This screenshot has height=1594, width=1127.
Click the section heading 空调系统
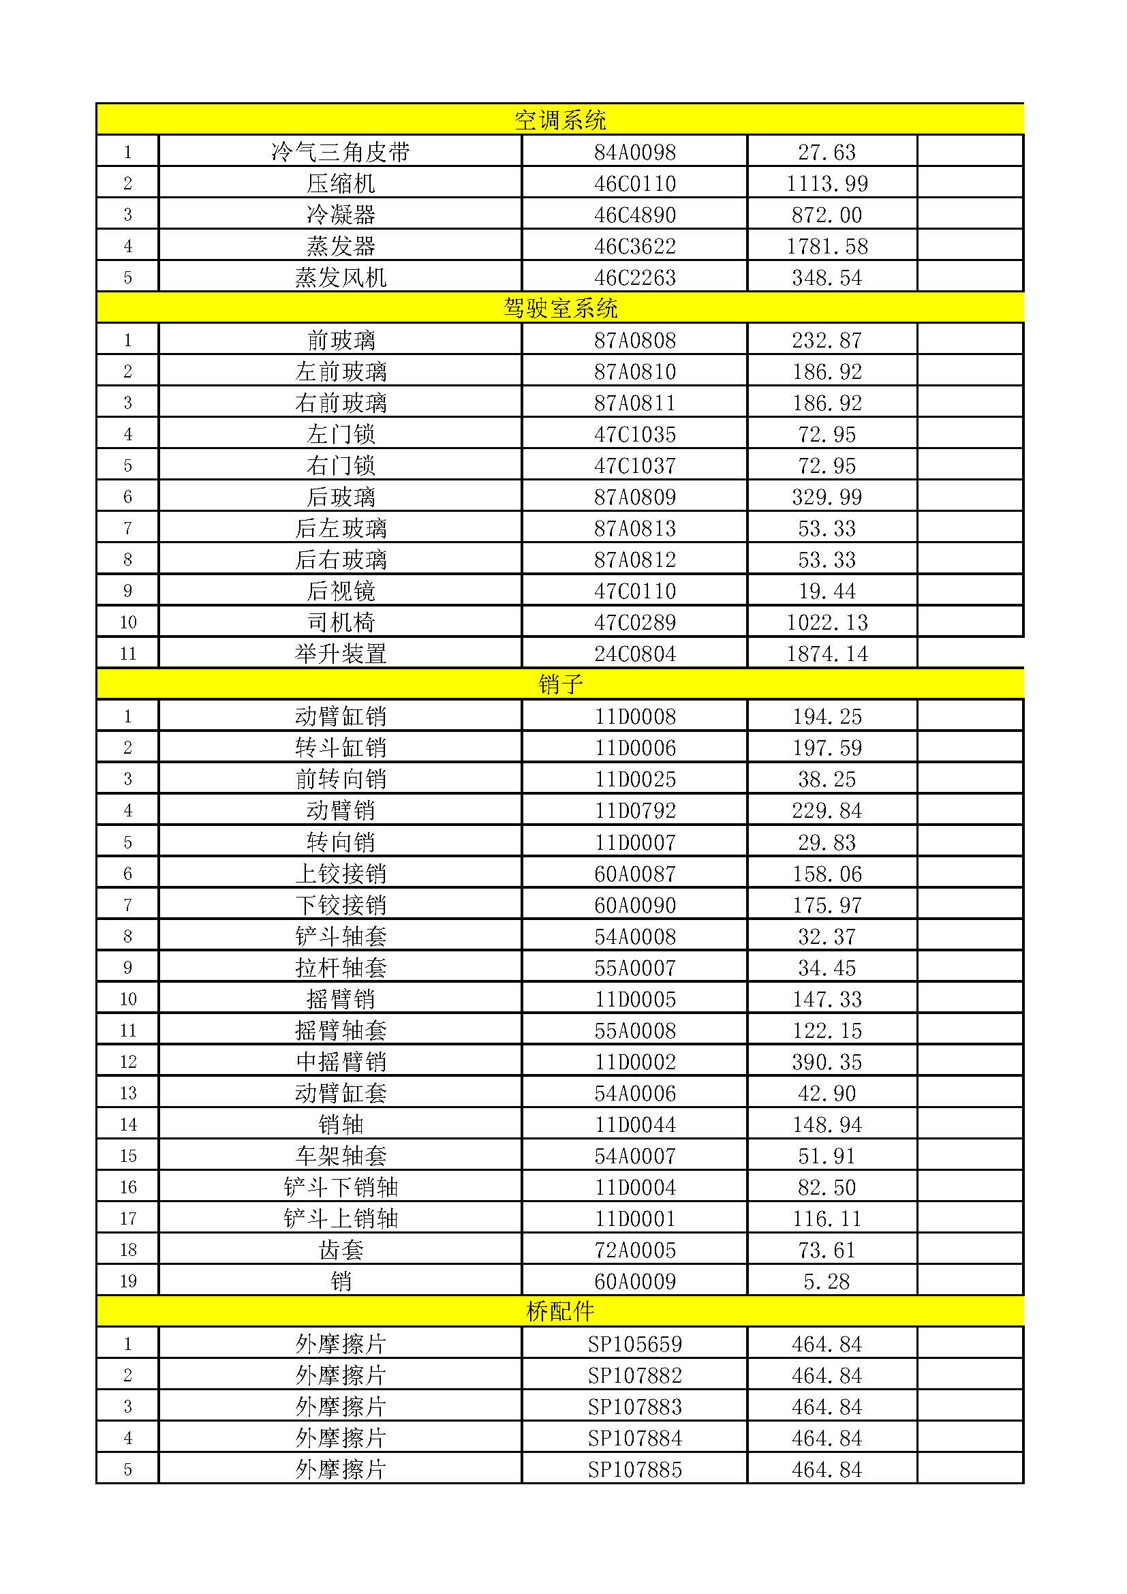560,120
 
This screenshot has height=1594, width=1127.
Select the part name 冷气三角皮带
340,152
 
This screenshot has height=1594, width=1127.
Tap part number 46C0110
634,183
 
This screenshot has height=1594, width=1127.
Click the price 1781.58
827,246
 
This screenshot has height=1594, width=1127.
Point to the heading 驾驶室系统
560,308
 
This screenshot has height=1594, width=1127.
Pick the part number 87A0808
634,340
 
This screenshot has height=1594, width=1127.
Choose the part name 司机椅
340,622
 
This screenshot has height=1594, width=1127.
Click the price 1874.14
827,654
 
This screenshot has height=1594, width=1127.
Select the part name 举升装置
340,654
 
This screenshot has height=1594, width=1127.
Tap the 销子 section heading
560,684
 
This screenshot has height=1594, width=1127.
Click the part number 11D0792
634,810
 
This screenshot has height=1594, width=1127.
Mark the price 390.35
827,1062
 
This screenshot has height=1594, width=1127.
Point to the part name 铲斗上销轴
340,1219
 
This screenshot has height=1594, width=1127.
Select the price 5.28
827,1281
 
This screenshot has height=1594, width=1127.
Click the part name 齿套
340,1250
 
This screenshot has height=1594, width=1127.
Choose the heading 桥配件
560,1311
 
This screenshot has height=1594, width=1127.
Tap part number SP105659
634,1344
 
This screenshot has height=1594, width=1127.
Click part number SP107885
634,1469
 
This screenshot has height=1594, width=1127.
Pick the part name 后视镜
340,591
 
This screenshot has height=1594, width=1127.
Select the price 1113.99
827,183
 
